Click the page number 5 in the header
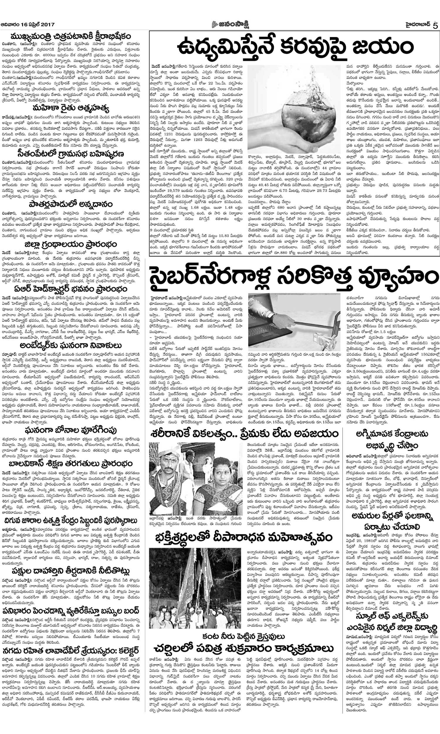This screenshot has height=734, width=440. (x=435, y=25)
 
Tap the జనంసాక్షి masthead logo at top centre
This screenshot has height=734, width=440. (x=230, y=24)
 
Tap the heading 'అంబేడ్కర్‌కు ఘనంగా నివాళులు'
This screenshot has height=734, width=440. (x=71, y=346)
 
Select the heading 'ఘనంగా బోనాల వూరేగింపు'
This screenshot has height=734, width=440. (x=71, y=430)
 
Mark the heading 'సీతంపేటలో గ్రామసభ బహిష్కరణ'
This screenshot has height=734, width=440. (x=71, y=154)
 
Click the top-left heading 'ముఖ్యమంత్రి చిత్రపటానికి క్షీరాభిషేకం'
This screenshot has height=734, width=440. (x=71, y=37)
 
